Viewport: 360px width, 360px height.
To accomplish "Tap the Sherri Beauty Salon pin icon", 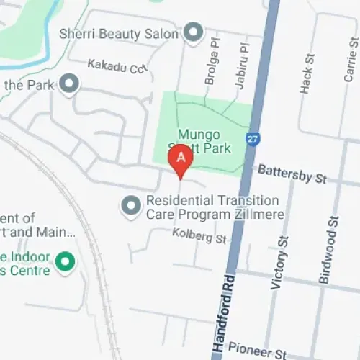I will (192, 32).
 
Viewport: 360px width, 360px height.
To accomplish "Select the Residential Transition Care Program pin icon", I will (130, 207).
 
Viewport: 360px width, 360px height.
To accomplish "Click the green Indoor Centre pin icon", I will (66, 262).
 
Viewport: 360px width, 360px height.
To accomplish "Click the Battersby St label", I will (292, 174).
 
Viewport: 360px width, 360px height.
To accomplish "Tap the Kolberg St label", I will (199, 235).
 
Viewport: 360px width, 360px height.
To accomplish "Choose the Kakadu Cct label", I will (117, 66).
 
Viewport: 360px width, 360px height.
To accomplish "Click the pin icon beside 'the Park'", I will (69, 86).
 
